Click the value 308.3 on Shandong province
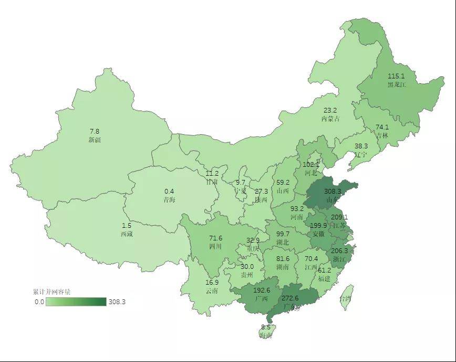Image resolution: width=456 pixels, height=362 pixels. (333, 192)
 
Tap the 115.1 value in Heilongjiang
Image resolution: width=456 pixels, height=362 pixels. (396, 76)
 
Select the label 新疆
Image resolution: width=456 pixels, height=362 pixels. (95, 140)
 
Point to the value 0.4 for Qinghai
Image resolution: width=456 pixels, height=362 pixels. (169, 192)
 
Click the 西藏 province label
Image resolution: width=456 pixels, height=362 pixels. (127, 234)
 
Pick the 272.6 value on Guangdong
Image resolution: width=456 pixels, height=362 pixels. (290, 298)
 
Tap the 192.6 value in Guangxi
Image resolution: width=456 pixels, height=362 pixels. (262, 290)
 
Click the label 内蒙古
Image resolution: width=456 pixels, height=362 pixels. (330, 118)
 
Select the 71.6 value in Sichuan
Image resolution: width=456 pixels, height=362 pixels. (215, 238)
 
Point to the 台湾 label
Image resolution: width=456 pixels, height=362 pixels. (345, 298)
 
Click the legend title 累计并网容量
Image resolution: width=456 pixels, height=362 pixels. (51, 291)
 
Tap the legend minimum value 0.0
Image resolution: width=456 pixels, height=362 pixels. (39, 302)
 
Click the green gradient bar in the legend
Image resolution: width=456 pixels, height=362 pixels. (76, 302)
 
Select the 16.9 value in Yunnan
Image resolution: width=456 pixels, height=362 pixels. (212, 282)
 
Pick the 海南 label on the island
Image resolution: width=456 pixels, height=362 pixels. (266, 335)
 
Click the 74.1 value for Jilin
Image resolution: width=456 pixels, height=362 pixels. (382, 127)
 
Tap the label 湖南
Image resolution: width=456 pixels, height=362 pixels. (283, 267)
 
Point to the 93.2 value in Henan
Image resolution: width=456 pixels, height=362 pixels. (297, 208)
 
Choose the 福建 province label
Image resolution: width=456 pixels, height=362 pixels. (324, 278)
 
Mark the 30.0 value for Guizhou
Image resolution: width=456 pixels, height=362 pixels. (247, 266)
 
